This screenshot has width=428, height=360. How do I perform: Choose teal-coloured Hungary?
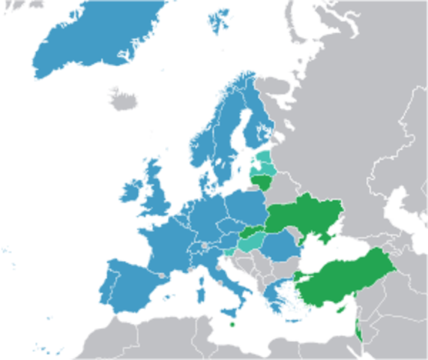click(x=252, y=241)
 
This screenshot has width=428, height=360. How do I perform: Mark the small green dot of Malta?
click(x=232, y=324)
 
